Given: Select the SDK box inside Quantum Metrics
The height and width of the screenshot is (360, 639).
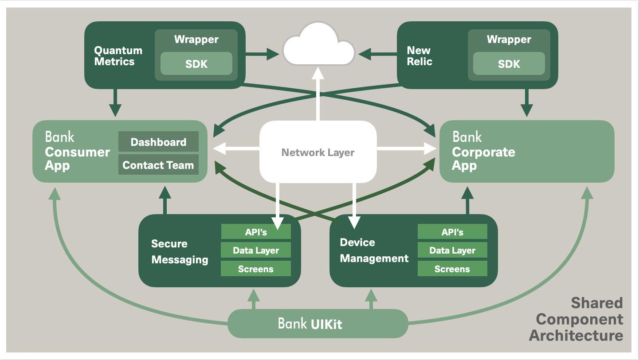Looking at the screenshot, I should click(196, 64).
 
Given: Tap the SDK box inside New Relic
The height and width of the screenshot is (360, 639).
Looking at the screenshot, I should click(509, 64).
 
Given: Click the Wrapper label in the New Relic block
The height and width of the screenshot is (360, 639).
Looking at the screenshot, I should click(509, 39).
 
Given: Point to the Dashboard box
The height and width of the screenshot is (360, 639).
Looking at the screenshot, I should click(158, 142).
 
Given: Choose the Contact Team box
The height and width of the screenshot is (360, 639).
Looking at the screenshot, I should click(158, 165).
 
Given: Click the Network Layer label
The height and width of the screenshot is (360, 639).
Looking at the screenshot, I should click(318, 153).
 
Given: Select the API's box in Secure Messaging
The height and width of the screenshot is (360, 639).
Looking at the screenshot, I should click(256, 232).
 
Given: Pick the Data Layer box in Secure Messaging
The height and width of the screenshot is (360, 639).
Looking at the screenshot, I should click(256, 250).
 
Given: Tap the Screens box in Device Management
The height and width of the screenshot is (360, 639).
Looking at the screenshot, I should click(452, 269).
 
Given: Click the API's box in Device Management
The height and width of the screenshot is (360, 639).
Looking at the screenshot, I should click(452, 232).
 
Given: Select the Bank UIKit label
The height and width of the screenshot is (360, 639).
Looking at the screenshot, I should click(310, 324).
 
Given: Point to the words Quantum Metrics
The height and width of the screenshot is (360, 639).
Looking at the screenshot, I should click(118, 56).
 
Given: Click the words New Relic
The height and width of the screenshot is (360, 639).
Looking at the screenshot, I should click(419, 56).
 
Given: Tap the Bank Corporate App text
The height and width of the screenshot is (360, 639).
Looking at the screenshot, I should click(483, 152).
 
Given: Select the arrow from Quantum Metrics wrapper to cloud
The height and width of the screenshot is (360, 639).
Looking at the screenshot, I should click(262, 55).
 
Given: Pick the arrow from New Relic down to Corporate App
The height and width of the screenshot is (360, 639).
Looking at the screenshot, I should click(527, 102).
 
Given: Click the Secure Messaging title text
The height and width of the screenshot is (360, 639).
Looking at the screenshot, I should click(180, 251).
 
